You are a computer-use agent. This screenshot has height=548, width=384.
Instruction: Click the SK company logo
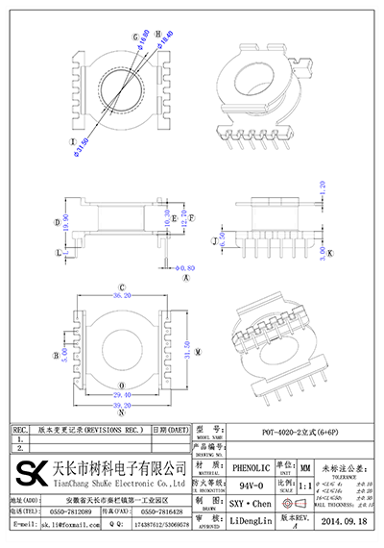click(x=29, y=474)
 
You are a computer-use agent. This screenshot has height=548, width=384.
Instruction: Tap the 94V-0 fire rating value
click(x=250, y=486)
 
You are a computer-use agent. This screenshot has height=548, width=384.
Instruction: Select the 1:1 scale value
click(x=305, y=486)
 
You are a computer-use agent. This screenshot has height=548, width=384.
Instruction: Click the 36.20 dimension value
click(x=123, y=297)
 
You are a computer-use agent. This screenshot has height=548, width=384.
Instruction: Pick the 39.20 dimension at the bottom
click(x=123, y=406)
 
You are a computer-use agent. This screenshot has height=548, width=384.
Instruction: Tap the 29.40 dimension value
click(x=123, y=394)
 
